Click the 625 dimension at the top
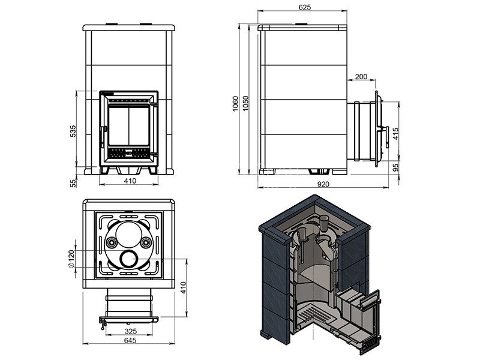305,7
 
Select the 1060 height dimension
235,104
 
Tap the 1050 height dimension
245,104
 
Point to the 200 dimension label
361,76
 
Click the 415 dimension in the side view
396,134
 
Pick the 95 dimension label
396,167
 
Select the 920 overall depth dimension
323,184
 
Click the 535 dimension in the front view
73,131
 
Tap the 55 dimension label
73,183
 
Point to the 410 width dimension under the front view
130,181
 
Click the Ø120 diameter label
71,259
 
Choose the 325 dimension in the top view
131,331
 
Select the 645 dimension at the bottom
130,340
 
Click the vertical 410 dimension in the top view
183,288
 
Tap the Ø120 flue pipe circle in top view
129,259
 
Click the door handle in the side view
386,137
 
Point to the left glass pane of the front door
119,125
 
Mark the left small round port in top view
110,243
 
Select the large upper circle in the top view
129,235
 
